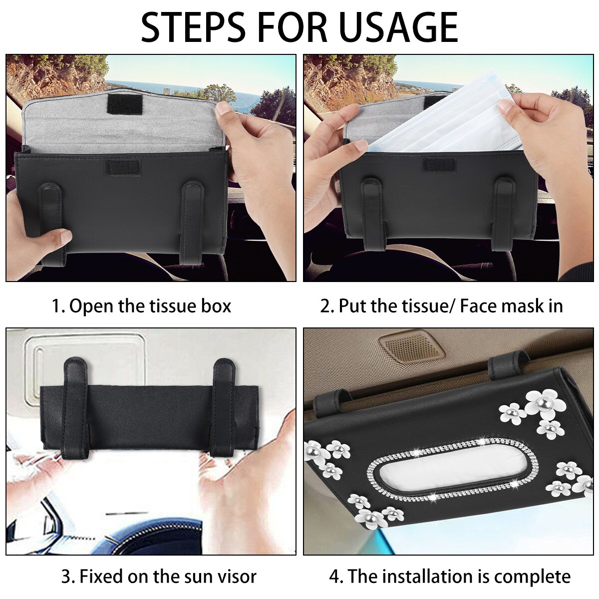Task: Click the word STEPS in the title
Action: coord(193,27)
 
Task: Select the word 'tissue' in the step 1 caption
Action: coord(173,306)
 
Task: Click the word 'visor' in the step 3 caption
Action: coord(238,568)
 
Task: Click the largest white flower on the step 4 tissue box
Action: coord(541,403)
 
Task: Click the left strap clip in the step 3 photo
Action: coord(77,407)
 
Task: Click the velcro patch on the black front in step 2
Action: coord(439,166)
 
